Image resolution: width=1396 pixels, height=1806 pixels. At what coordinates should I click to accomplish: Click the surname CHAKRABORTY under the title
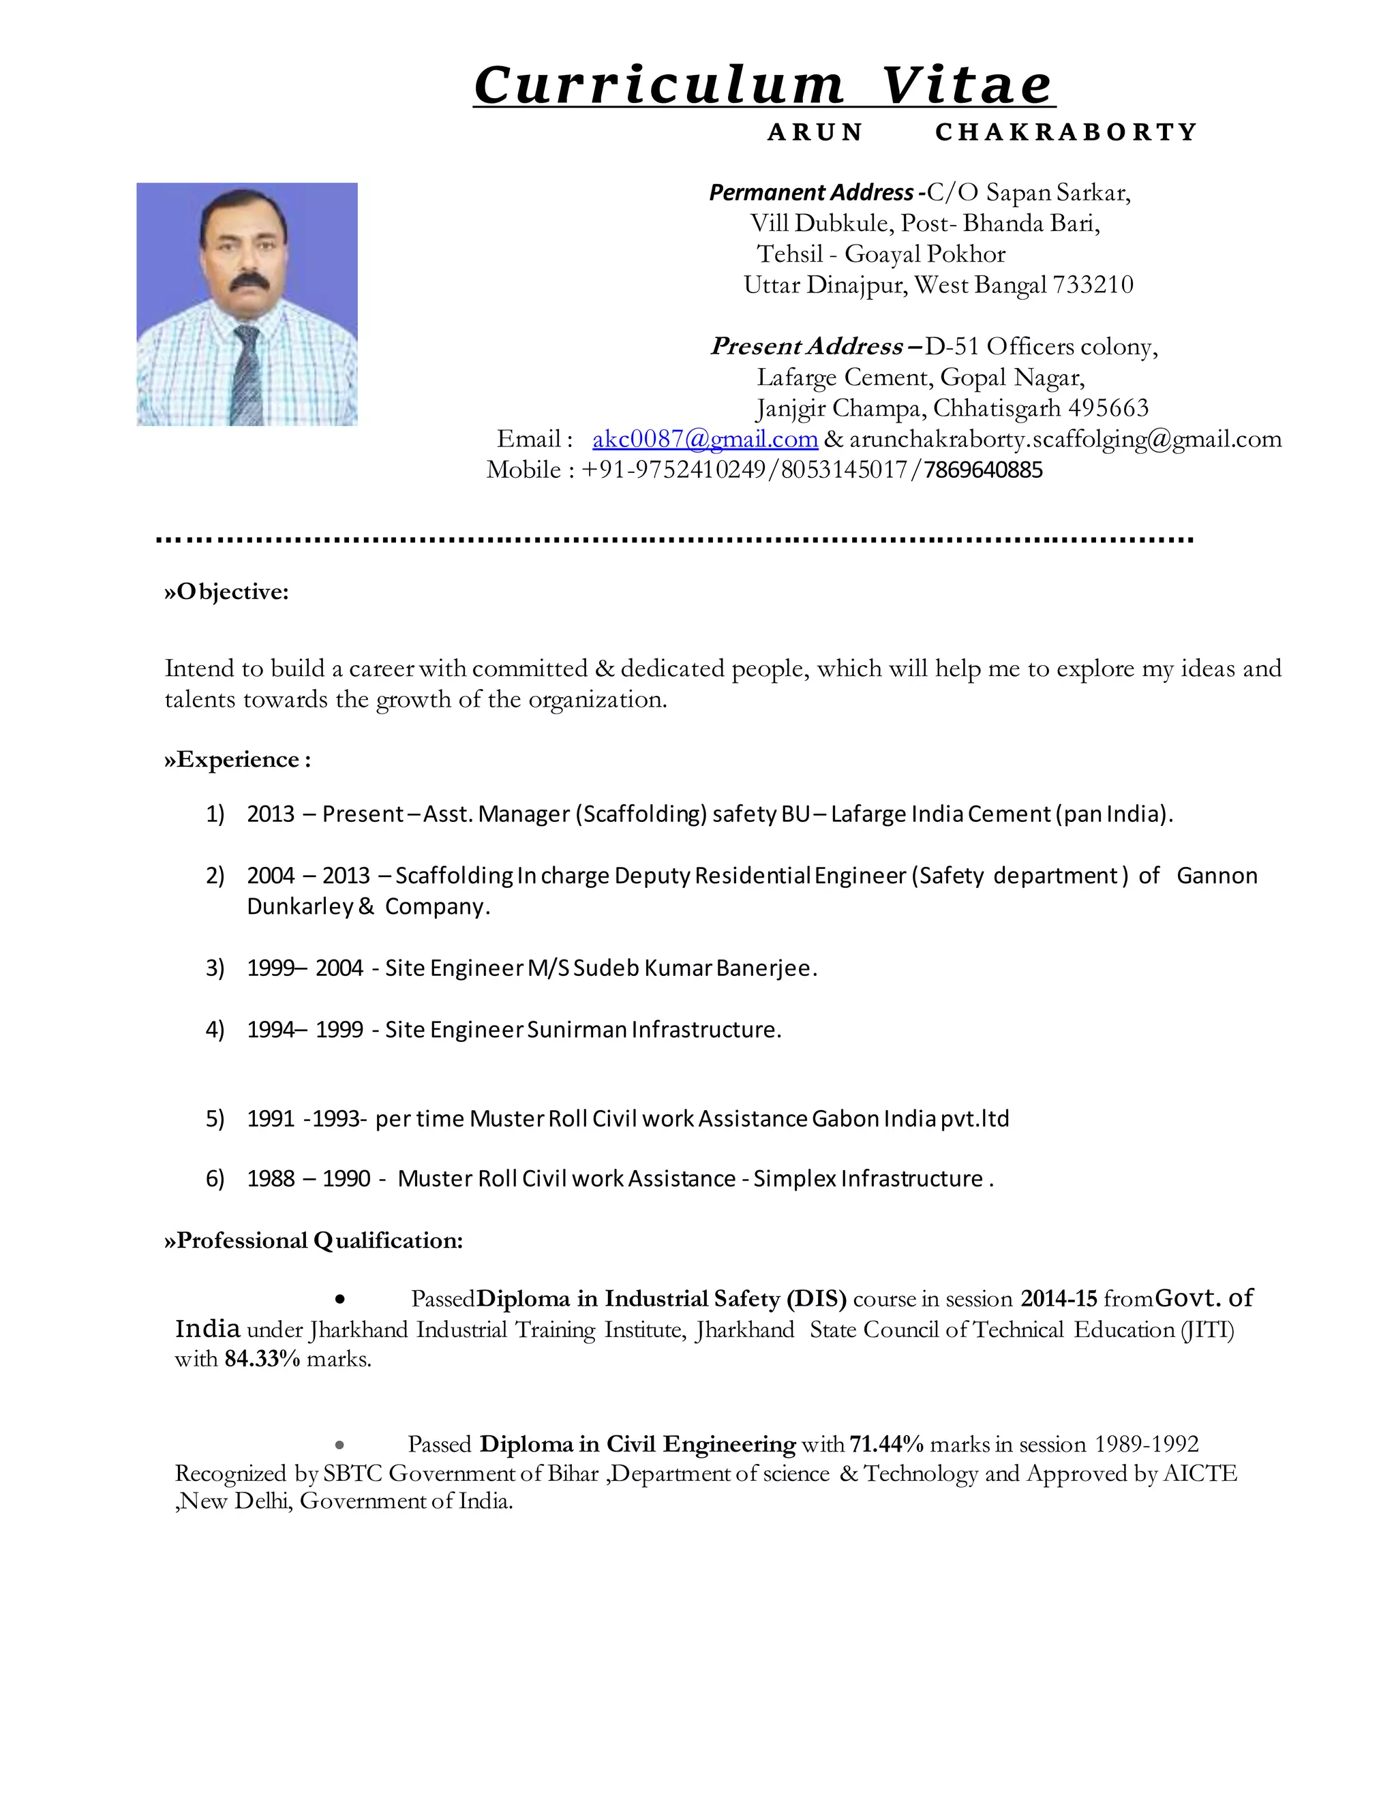pos(1066,132)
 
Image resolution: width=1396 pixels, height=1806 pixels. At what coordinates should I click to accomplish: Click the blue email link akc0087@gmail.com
pos(705,438)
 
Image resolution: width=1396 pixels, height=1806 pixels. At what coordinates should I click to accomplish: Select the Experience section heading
pos(238,759)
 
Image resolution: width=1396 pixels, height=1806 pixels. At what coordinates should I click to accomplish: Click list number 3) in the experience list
pos(215,968)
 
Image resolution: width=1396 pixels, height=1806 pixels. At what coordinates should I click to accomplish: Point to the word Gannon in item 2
pos(1216,875)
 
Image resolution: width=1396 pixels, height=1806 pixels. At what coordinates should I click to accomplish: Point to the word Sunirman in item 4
pos(577,1030)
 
